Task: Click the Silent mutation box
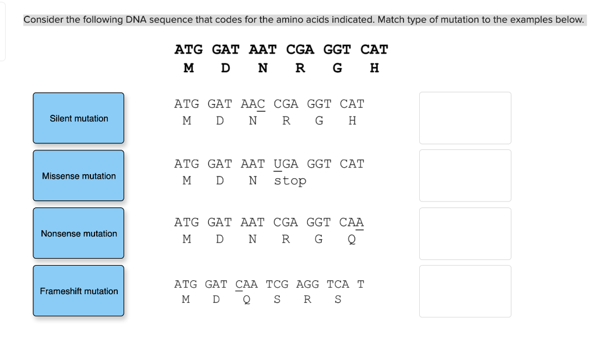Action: tap(79, 118)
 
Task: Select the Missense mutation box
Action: tap(79, 176)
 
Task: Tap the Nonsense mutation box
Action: tap(79, 234)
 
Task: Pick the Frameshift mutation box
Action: tap(79, 291)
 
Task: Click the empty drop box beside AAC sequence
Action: tap(465, 118)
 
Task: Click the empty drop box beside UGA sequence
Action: tap(465, 176)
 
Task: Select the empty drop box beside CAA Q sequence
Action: tap(465, 234)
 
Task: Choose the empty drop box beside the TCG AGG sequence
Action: tap(465, 291)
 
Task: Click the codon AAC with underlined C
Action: tap(252, 104)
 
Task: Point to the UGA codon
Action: tap(286, 164)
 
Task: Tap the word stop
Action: tap(290, 181)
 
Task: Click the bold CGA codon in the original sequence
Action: tap(300, 50)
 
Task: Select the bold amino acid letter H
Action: tap(374, 68)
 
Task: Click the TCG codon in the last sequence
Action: tap(277, 284)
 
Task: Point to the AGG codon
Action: tap(307, 284)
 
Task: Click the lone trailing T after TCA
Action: tap(361, 284)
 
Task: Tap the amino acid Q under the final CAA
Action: tap(352, 239)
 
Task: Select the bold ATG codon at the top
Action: tap(188, 50)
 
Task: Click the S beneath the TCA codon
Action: tap(338, 300)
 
